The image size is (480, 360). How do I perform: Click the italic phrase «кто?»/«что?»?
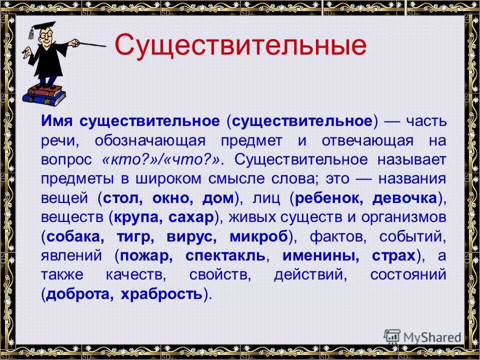coord(161,161)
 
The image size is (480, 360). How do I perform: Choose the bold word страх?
coord(393,255)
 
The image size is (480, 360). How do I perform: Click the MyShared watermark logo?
coord(422,336)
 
